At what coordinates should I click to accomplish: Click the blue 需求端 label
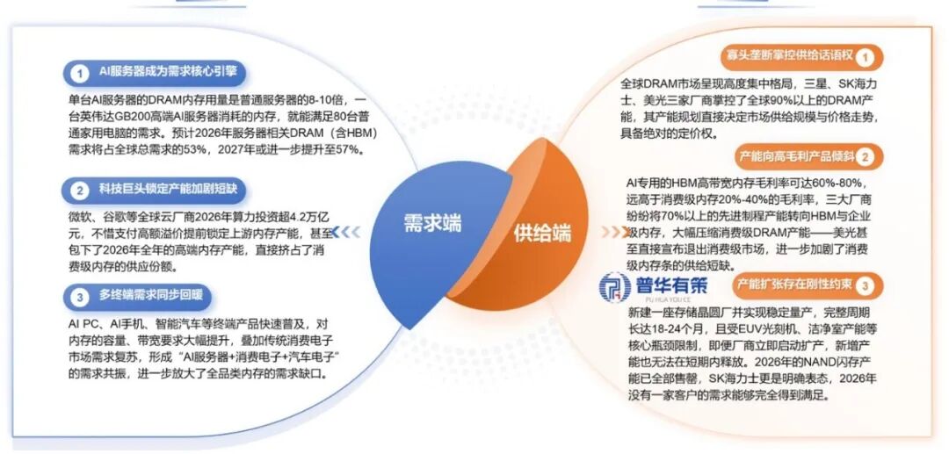click(x=431, y=223)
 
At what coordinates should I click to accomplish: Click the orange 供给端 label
click(x=543, y=233)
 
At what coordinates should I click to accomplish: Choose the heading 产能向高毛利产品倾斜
click(x=797, y=156)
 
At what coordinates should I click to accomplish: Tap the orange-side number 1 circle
click(x=865, y=58)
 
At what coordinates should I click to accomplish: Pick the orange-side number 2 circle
click(x=865, y=158)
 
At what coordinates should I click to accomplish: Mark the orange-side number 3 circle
click(x=865, y=286)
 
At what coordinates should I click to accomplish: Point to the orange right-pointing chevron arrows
click(x=612, y=233)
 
